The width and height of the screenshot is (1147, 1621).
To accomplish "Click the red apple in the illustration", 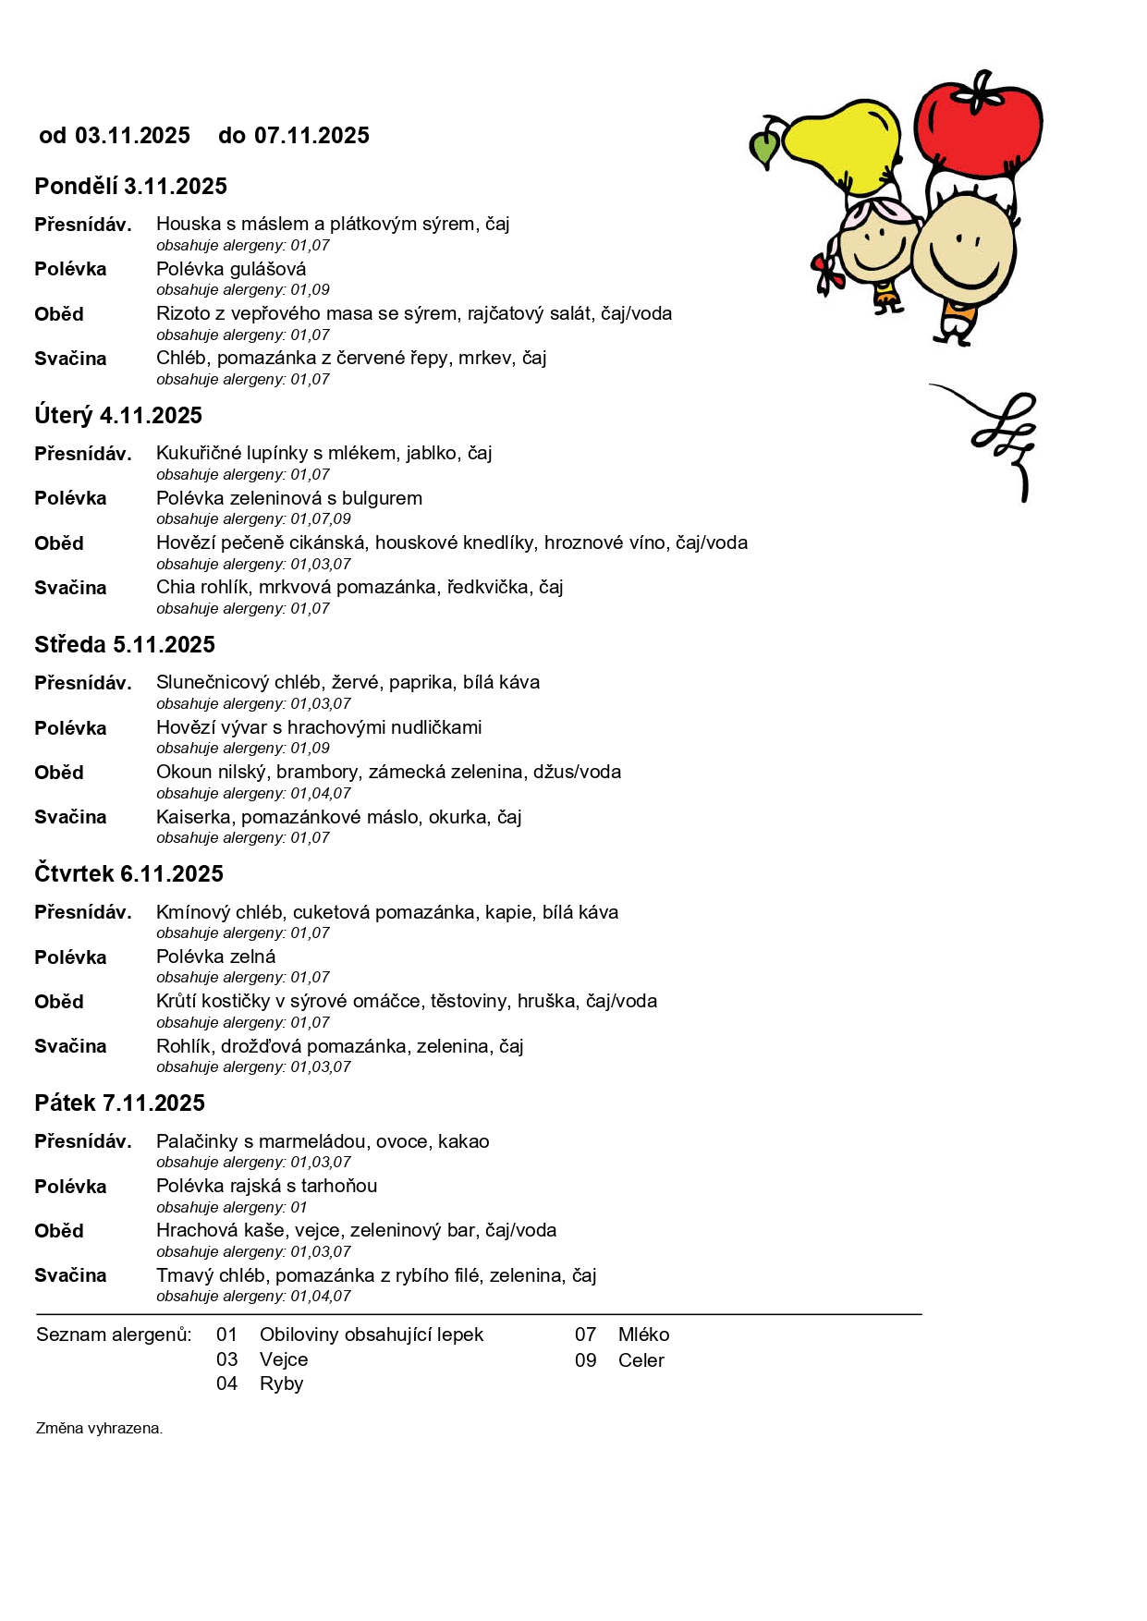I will (x=977, y=125).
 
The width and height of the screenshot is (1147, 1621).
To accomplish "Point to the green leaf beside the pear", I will (x=764, y=148).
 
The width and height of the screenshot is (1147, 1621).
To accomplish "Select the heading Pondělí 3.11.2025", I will (x=130, y=187).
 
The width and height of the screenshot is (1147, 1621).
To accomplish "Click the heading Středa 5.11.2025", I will (x=125, y=645).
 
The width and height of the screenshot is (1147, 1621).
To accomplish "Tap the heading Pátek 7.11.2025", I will (x=119, y=1103).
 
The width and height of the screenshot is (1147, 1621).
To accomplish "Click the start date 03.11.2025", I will (x=132, y=136).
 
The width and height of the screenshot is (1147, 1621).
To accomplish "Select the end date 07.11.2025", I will (x=311, y=136).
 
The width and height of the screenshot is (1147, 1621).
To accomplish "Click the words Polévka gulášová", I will (x=231, y=269).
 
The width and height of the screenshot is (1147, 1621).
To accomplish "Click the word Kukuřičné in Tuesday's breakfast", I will (x=199, y=454).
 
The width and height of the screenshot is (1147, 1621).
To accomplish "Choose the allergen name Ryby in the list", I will (x=282, y=1384).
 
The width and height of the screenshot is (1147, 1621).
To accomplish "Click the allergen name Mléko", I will (x=643, y=1335).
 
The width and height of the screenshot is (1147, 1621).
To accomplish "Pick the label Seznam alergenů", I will (x=114, y=1335).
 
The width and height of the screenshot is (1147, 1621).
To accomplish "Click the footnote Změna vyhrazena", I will (x=99, y=1429).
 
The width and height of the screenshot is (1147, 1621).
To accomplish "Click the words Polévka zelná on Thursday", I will (x=215, y=957).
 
